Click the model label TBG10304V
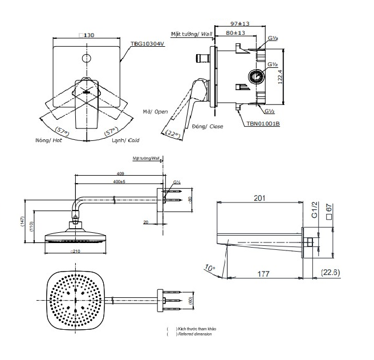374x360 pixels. (x=147, y=43)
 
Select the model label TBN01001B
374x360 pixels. (x=263, y=123)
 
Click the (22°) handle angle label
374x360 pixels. (x=173, y=134)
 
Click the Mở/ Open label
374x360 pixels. (x=155, y=112)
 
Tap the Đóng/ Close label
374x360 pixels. (x=208, y=126)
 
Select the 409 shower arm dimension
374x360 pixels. (x=120, y=173)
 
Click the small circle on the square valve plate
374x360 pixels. (x=86, y=58)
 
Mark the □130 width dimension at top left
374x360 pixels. (x=87, y=35)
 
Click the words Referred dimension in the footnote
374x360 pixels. (x=196, y=334)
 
